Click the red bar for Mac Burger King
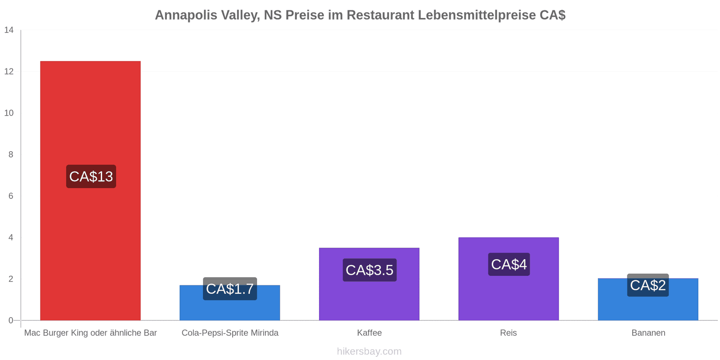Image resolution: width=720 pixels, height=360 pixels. tap(90, 191)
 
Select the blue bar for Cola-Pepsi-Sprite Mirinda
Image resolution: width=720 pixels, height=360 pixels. tap(230, 302)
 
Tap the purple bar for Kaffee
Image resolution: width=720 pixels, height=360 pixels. tap(369, 284)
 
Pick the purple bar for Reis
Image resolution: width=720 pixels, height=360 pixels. tap(508, 279)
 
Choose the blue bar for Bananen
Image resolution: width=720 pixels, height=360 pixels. tap(648, 299)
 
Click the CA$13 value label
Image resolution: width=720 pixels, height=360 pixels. tap(91, 176)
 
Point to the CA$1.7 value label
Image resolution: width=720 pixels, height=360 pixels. tap(230, 288)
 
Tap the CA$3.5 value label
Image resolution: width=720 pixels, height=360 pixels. tap(369, 270)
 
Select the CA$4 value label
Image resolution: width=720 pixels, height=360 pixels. tap(509, 264)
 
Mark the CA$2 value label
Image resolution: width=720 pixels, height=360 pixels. tap(648, 285)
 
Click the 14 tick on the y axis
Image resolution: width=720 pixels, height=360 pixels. tap(9, 30)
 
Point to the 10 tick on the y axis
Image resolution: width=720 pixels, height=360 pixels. tap(9, 113)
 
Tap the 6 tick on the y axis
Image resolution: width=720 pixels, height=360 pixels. tap(11, 196)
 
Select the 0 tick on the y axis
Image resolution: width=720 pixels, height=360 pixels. tap(11, 320)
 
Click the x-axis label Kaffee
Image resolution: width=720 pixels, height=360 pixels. tap(369, 333)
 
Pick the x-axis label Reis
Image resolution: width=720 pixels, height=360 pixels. tap(508, 333)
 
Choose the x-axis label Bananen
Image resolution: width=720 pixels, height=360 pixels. tap(648, 333)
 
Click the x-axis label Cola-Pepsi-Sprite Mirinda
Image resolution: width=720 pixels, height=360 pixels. tap(230, 333)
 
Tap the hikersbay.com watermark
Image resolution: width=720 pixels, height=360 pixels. tap(369, 351)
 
